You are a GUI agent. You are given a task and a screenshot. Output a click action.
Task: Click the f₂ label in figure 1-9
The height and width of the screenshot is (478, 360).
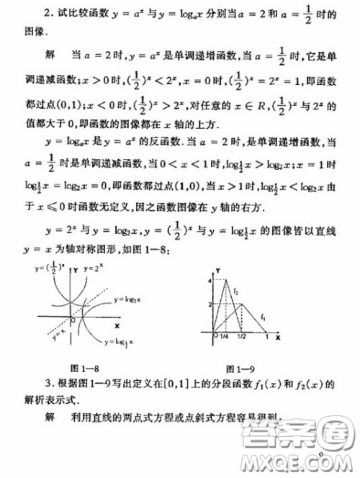pyautogui.click(x=235, y=290)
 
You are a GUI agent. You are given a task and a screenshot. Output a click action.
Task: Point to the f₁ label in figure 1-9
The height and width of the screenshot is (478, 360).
pyautogui.click(x=264, y=317)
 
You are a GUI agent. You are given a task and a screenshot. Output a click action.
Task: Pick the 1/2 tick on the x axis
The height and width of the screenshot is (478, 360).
pyautogui.click(x=241, y=338)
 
